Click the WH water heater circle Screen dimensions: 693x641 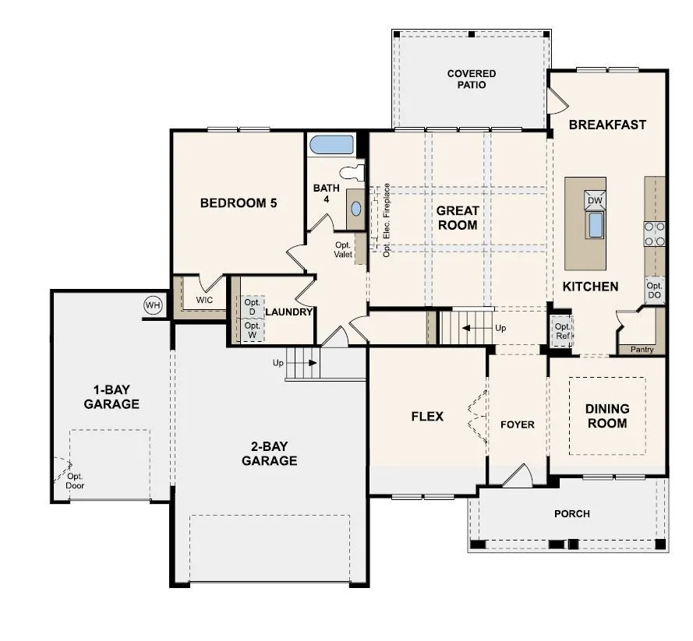pyautogui.click(x=153, y=305)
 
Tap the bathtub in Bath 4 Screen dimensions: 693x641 pyautogui.click(x=331, y=145)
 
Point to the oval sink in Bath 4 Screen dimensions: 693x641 pyautogui.click(x=355, y=209)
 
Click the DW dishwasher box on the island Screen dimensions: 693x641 pyautogui.click(x=595, y=200)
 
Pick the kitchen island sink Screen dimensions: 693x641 pyautogui.click(x=596, y=225)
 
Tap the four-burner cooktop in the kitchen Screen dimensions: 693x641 pyautogui.click(x=655, y=234)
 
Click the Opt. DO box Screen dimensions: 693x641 pyautogui.click(x=655, y=290)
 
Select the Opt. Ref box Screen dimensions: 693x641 pyautogui.click(x=562, y=331)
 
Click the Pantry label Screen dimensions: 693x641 pyautogui.click(x=642, y=349)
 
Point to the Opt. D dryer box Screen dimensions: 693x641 pyautogui.click(x=252, y=307)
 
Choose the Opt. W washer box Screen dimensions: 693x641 pyautogui.click(x=252, y=329)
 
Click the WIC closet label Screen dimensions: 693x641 pyautogui.click(x=205, y=300)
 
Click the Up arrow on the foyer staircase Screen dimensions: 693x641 pyautogui.click(x=477, y=328)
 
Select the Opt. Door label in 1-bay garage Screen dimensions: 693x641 pyautogui.click(x=75, y=481)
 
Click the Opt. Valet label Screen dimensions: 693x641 pyautogui.click(x=343, y=249)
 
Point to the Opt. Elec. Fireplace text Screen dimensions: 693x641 pyautogui.click(x=387, y=220)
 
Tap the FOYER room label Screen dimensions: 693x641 pyautogui.click(x=518, y=424)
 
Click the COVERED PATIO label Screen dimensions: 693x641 pyautogui.click(x=472, y=79)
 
